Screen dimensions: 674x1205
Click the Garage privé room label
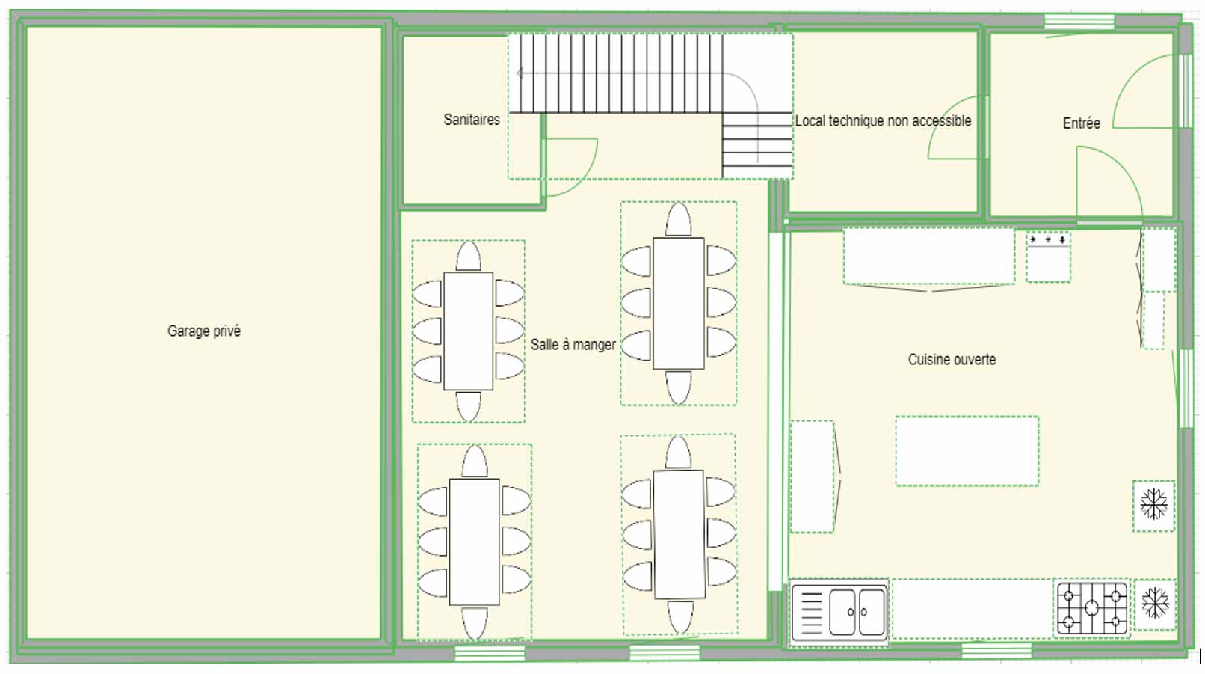click(203, 331)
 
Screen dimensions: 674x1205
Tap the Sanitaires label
click(471, 120)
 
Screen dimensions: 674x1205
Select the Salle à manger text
click(573, 345)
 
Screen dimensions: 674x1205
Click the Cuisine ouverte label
click(952, 360)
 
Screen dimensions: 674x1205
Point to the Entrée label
click(1081, 123)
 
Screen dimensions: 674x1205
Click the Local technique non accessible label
click(883, 121)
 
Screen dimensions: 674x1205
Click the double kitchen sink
click(857, 612)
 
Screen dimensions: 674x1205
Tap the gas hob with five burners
click(1091, 607)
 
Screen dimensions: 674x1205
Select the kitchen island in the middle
click(967, 451)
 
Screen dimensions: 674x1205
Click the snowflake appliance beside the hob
click(1155, 603)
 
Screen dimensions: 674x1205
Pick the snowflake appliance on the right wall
click(1153, 505)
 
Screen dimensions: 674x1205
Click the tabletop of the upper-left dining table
click(468, 331)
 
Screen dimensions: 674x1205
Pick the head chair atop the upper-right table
click(678, 221)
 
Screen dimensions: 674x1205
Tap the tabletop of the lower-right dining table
click(679, 534)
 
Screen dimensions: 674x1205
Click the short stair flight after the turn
click(757, 145)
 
